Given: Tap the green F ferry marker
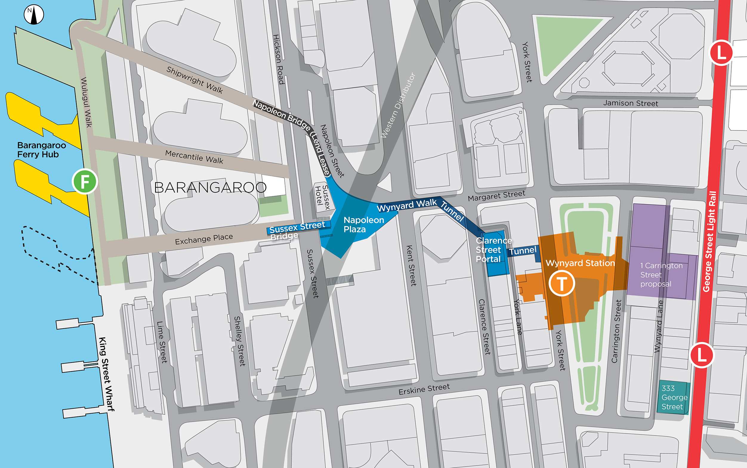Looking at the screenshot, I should point(85,181).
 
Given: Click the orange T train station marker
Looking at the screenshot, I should point(562,283).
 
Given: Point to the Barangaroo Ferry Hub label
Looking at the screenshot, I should point(41,150).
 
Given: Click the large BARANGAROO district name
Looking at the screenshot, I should point(210,188).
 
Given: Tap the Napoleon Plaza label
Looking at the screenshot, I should point(363,225).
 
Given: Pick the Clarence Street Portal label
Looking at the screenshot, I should point(493,250).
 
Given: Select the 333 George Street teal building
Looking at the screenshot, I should point(673,398).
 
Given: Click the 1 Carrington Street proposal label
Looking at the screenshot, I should point(661,275).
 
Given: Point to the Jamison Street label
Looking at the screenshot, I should point(630,103).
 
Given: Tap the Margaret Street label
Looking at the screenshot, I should point(496,196).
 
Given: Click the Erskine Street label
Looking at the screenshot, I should point(424,389).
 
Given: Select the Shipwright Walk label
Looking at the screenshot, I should point(194,80).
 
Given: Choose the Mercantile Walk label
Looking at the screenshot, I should point(194,157).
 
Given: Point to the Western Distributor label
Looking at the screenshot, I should point(398,105).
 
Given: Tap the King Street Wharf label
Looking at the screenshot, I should point(106,374).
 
